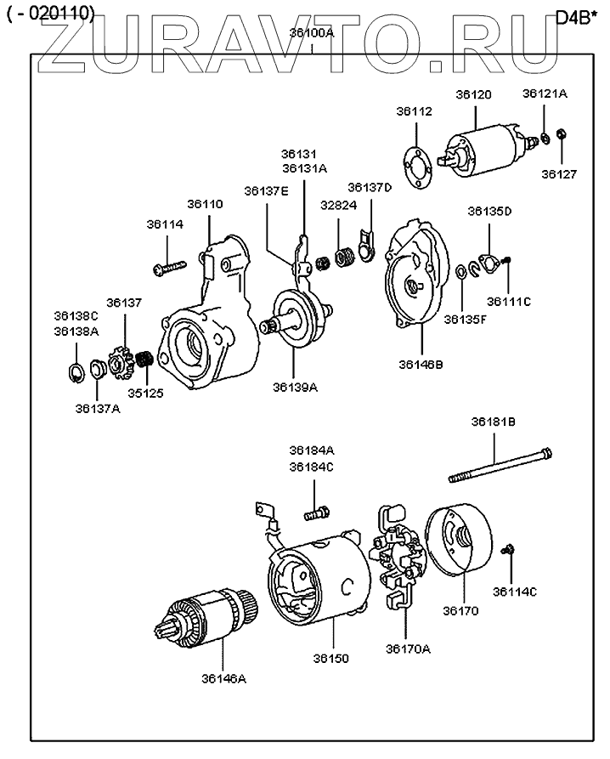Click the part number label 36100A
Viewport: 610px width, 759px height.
pyautogui.click(x=312, y=33)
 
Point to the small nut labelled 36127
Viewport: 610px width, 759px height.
pyautogui.click(x=562, y=134)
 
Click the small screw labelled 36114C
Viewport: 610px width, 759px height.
pyautogui.click(x=508, y=549)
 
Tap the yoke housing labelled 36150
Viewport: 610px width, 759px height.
pyautogui.click(x=319, y=578)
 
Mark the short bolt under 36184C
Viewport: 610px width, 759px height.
pyautogui.click(x=316, y=513)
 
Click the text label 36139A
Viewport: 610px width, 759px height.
pyautogui.click(x=295, y=387)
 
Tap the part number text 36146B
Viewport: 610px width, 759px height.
pyautogui.click(x=421, y=364)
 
